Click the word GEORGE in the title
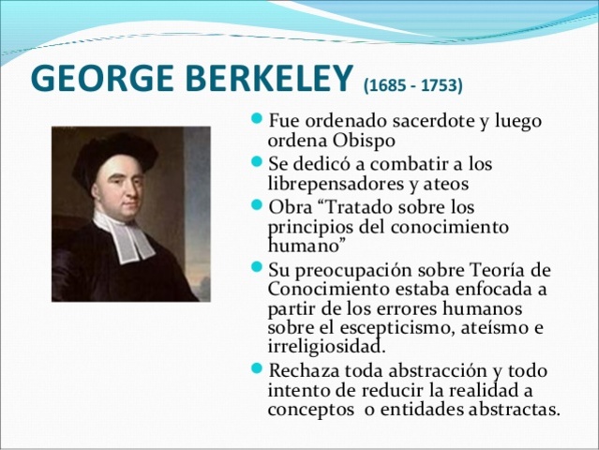click(93, 80)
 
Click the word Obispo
click(364, 141)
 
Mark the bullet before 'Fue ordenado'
click(258, 123)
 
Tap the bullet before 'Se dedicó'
click(258, 163)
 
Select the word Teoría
click(490, 270)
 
